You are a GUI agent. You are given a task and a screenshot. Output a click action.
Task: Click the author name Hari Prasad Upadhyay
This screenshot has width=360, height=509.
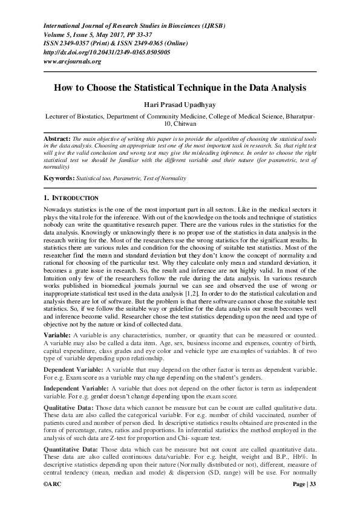(180, 103)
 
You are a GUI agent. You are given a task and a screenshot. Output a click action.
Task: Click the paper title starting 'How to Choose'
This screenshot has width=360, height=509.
(180, 87)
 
